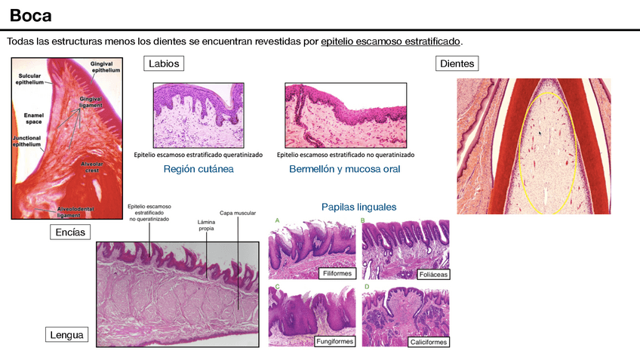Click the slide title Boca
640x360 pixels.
click(x=31, y=15)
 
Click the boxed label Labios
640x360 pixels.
click(x=164, y=64)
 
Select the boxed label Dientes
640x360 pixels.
click(x=457, y=64)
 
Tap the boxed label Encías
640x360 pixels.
click(x=70, y=232)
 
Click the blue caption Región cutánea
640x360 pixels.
click(x=198, y=169)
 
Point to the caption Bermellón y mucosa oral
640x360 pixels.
click(x=345, y=169)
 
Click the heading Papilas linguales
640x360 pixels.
click(x=358, y=206)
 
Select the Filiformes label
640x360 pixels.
click(x=336, y=273)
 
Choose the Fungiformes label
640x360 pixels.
click(x=334, y=341)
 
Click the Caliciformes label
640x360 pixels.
click(x=429, y=341)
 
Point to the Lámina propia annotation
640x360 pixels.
click(x=206, y=225)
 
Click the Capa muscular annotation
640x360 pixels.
click(x=238, y=213)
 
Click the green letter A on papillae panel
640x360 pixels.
click(x=277, y=220)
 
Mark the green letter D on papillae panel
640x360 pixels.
click(x=367, y=287)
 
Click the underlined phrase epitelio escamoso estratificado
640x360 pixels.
click(x=390, y=41)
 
